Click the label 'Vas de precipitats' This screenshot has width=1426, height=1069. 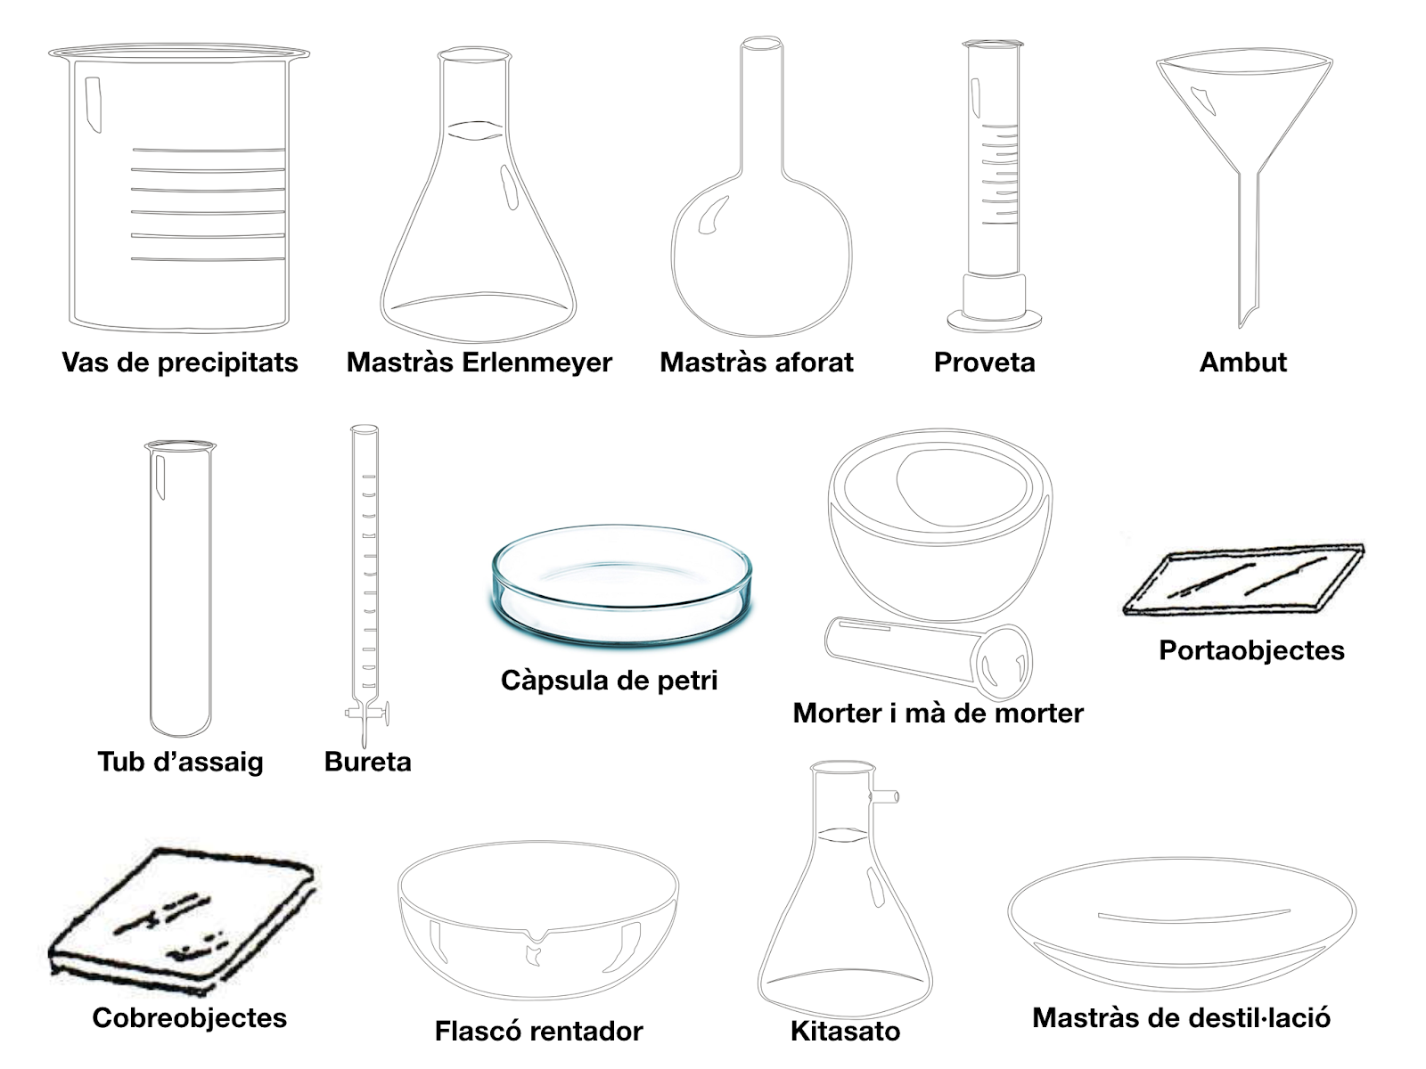click(180, 363)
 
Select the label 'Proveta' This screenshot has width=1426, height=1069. click(984, 363)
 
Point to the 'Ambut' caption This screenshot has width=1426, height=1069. click(1242, 363)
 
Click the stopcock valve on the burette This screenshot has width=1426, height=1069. click(366, 712)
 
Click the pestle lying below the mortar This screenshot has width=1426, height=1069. click(927, 655)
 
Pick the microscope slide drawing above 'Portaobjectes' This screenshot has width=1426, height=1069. click(1243, 579)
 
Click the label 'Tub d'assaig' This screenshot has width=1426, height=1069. click(180, 762)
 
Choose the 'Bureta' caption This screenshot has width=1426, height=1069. click(367, 762)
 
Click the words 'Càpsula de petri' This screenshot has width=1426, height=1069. click(609, 681)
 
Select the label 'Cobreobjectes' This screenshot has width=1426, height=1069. click(189, 1017)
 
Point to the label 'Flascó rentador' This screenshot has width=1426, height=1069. click(538, 1031)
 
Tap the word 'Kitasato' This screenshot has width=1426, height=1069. click(845, 1031)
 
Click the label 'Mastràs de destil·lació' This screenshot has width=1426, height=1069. click(1181, 1017)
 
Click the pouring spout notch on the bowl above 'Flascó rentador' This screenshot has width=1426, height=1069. click(537, 937)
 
